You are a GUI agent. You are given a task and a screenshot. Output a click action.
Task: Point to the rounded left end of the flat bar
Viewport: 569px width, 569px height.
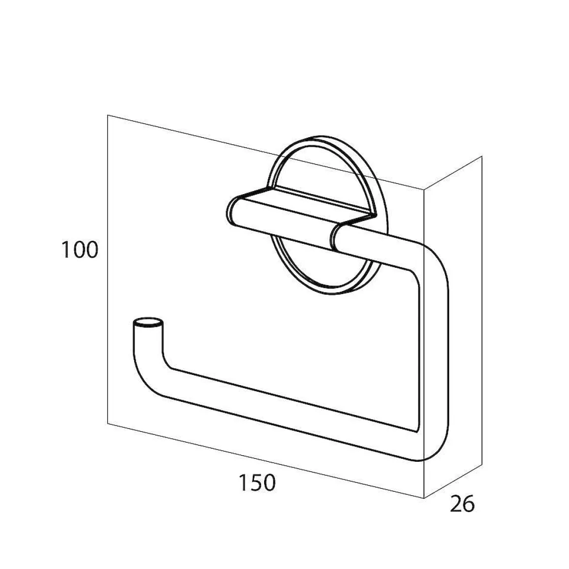point(232,209)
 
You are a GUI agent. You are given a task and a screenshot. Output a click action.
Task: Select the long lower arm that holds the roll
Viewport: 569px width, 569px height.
point(284,406)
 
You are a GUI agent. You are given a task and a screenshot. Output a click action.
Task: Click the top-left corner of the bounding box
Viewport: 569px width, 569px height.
point(108,116)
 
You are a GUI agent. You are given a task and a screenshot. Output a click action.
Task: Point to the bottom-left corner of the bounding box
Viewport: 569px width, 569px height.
point(108,423)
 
